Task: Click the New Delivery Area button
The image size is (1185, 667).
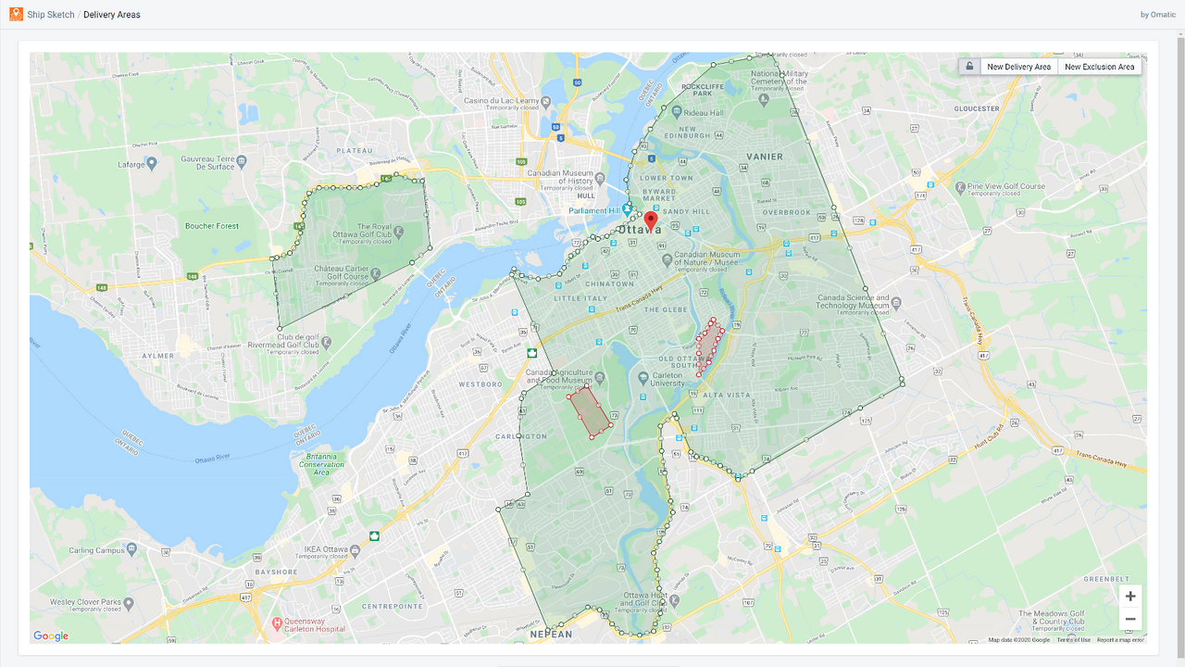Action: pos(1018,67)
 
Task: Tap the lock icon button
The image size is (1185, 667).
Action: pos(969,67)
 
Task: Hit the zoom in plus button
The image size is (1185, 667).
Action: pos(1130,597)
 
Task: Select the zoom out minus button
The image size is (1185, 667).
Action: pos(1130,619)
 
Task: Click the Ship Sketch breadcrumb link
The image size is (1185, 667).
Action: pos(51,15)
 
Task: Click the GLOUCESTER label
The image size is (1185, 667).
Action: pos(977,108)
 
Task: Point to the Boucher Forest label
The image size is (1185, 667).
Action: pos(211,226)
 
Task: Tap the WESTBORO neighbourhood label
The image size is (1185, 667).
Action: pos(480,384)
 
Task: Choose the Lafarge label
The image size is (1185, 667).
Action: pos(131,164)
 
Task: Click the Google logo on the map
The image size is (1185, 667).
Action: pos(51,636)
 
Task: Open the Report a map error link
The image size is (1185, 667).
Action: pos(1120,640)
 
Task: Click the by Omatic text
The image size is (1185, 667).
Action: pos(1158,15)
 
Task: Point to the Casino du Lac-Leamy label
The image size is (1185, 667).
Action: pos(501,101)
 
